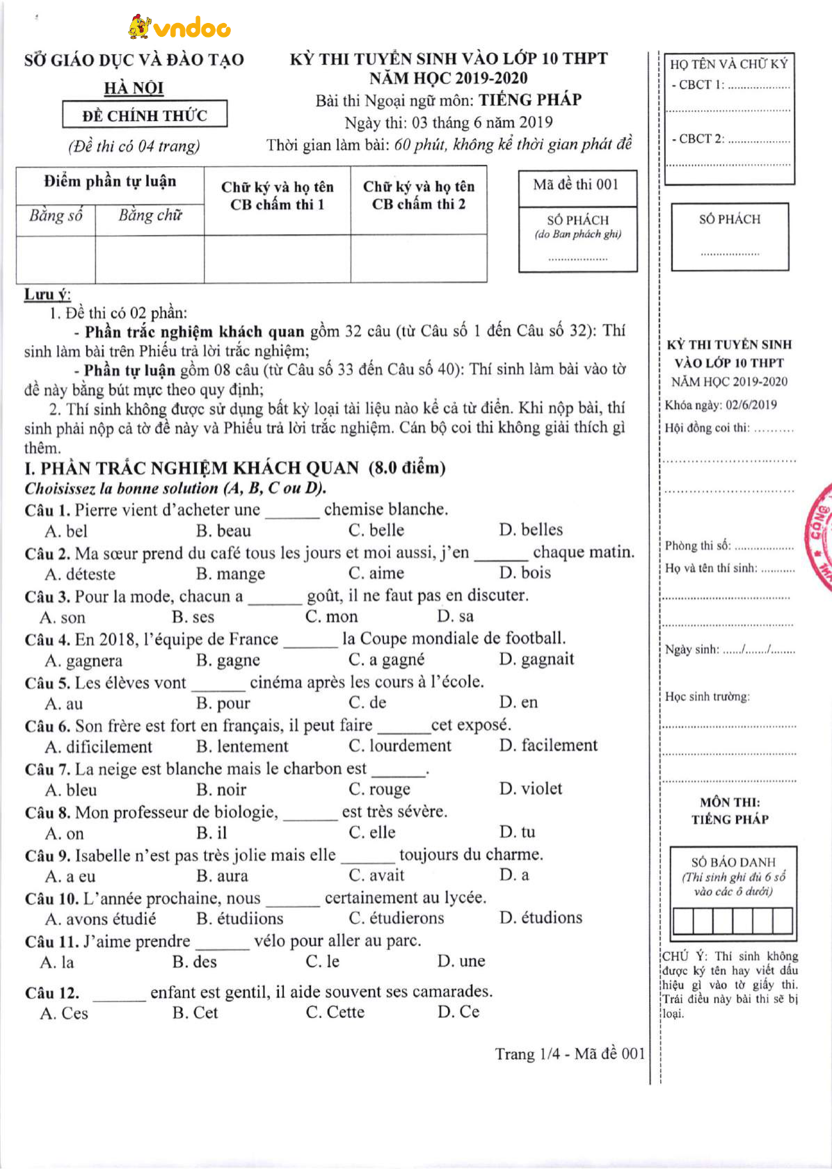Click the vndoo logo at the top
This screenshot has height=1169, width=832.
pyautogui.click(x=179, y=27)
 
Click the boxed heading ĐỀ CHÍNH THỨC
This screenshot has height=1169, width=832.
pyautogui.click(x=145, y=115)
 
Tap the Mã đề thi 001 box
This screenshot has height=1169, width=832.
pyautogui.click(x=577, y=185)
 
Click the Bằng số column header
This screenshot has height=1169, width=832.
pyautogui.click(x=56, y=216)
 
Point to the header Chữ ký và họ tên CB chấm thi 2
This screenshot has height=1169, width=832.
pyautogui.click(x=418, y=195)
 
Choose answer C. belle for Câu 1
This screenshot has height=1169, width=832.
pyautogui.click(x=376, y=531)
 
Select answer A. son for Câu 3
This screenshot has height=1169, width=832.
pyautogui.click(x=63, y=618)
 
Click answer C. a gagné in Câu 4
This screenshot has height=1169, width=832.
pyautogui.click(x=386, y=660)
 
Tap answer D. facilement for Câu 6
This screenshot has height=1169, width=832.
pyautogui.click(x=548, y=745)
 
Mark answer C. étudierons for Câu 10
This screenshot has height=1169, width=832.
pyautogui.click(x=397, y=918)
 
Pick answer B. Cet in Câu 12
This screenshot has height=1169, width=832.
pyautogui.click(x=195, y=1013)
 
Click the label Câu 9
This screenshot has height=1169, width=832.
pyautogui.click(x=47, y=855)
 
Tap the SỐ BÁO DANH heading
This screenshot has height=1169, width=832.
pyautogui.click(x=733, y=862)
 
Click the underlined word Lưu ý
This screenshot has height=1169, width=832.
pyautogui.click(x=47, y=294)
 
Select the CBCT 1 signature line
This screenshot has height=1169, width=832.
pyautogui.click(x=758, y=86)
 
